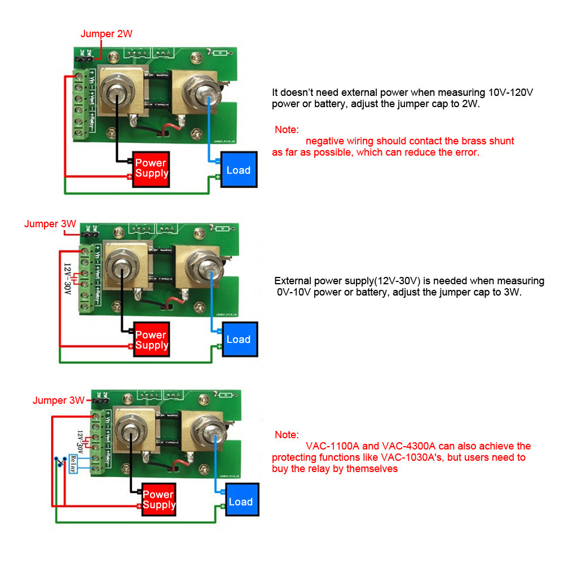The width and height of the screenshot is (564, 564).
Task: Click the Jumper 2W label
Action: pos(107,34)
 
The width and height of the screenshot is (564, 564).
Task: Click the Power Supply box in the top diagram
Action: pos(151,168)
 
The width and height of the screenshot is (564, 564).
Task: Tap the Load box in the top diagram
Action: pos(238,170)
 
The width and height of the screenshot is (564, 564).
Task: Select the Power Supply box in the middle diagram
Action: pos(151,340)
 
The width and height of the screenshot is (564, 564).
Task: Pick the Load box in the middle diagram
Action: pos(238,339)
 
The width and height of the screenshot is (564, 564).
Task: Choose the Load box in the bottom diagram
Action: pos(241,501)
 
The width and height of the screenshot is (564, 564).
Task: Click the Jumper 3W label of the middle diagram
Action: pos(50,224)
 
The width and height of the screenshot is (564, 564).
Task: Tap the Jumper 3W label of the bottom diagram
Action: pos(59,400)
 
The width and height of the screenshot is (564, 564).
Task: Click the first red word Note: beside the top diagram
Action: pos(287,130)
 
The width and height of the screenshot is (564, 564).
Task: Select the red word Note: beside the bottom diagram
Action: pos(287,435)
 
